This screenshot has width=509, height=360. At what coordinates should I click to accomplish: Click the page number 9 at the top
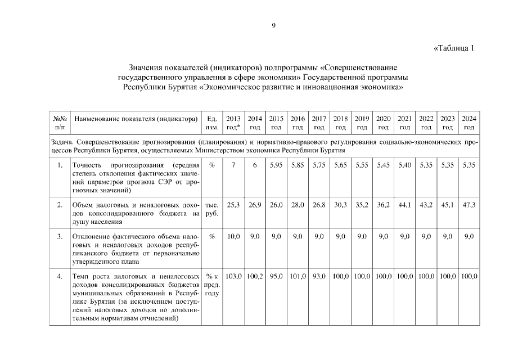click(x=273, y=25)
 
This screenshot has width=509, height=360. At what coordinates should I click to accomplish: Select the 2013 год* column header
click(x=233, y=123)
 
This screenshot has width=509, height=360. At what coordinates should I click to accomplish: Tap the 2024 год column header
click(x=469, y=123)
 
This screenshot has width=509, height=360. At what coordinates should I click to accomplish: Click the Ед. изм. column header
click(x=212, y=123)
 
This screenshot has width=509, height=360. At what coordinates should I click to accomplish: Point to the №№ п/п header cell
click(x=60, y=123)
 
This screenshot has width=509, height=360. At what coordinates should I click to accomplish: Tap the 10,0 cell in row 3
click(x=233, y=237)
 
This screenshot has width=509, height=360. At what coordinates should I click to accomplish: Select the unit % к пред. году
click(x=212, y=285)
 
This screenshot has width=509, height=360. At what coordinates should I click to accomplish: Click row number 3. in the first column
click(x=60, y=237)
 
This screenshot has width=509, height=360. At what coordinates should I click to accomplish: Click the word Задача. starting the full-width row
click(x=62, y=142)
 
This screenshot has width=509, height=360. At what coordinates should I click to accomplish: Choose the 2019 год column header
click(x=362, y=123)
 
